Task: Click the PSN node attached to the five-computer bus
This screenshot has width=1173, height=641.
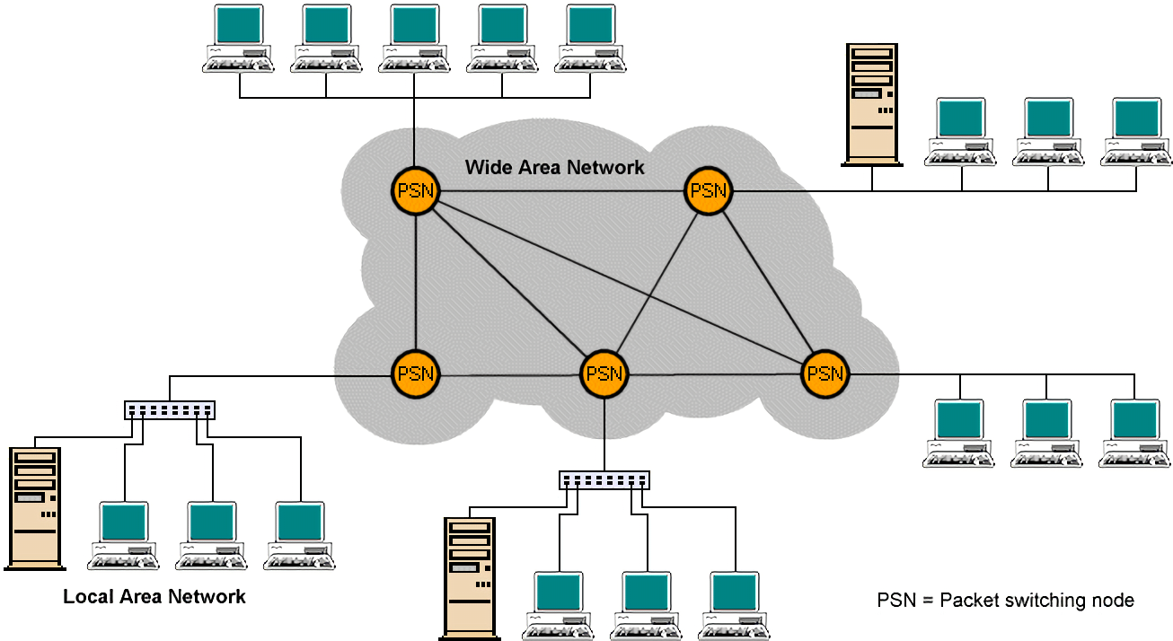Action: [414, 191]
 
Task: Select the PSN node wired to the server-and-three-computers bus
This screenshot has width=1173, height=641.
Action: [709, 190]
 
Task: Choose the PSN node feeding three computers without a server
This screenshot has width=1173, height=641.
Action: [825, 373]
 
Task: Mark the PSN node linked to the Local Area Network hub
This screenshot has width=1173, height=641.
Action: [415, 373]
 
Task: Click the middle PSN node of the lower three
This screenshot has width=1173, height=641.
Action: [604, 373]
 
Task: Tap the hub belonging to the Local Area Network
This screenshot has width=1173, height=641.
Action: [170, 410]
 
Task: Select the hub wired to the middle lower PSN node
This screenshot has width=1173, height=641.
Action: [604, 479]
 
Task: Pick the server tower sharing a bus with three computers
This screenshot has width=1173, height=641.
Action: [870, 102]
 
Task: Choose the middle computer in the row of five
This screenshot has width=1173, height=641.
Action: [414, 37]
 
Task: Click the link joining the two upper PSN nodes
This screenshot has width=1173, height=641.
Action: [561, 191]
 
